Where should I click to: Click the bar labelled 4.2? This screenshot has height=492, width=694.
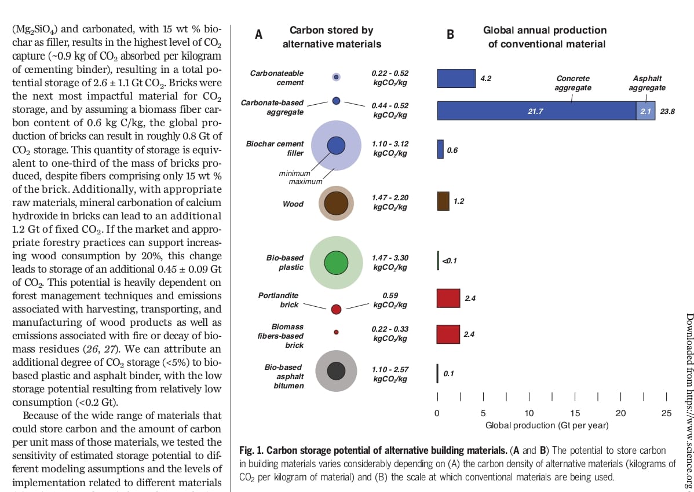(456, 78)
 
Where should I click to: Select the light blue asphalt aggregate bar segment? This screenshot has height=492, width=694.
(645, 110)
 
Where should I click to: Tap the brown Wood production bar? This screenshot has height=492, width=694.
(443, 201)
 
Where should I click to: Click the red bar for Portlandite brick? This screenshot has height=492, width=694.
(448, 298)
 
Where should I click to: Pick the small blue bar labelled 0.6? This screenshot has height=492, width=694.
(440, 149)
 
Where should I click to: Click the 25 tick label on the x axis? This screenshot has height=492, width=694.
(666, 413)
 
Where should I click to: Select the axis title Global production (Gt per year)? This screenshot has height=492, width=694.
(547, 425)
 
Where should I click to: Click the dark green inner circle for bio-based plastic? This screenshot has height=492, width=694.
(336, 263)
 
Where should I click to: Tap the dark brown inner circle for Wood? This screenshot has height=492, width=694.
(336, 204)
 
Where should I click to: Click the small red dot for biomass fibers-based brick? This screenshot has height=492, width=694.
(336, 332)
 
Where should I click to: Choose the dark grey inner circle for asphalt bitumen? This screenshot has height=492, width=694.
(336, 370)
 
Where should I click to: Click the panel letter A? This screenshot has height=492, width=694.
(259, 35)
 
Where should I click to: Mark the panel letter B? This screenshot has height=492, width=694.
(450, 35)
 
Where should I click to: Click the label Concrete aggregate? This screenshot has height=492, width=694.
(572, 83)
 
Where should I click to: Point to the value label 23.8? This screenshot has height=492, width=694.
(667, 111)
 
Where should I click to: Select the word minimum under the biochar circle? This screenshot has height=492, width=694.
(294, 173)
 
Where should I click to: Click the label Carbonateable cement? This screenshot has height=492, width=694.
(277, 78)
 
